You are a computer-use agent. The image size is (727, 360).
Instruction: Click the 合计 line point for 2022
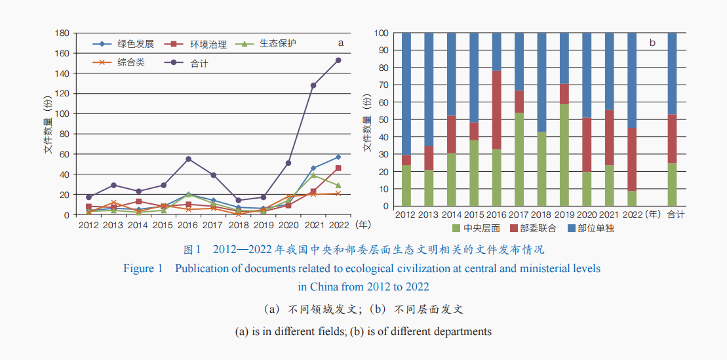338,60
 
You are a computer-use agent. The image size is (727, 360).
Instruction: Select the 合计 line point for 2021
313,85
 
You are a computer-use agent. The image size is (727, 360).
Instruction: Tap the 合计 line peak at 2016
189,159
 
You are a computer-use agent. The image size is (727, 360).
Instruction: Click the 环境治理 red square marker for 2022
338,169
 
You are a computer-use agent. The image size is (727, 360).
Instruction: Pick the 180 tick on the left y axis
62,33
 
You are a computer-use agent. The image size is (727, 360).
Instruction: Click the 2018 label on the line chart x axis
239,225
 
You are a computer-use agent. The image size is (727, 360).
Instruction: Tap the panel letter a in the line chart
340,43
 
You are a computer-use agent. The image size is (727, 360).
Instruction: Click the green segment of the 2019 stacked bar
565,155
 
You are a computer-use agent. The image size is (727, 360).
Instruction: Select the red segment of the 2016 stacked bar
497,110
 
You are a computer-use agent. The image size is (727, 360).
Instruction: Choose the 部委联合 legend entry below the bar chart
537,228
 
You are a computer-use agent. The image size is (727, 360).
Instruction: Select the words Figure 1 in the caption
142,269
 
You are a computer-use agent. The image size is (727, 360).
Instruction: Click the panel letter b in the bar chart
652,43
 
